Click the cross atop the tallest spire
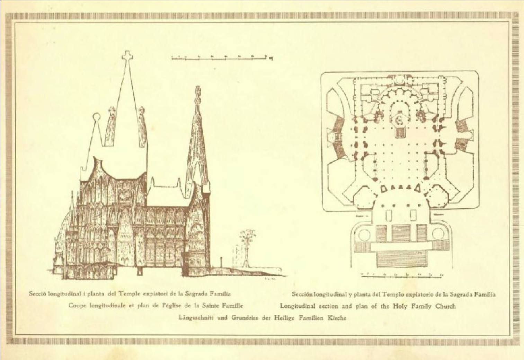coord(127,56)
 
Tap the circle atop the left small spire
coord(96,116)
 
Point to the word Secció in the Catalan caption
coord(37,294)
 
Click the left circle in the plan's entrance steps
coord(364,235)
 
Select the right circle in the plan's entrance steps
coord(438,234)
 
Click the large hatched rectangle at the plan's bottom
coord(402,260)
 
